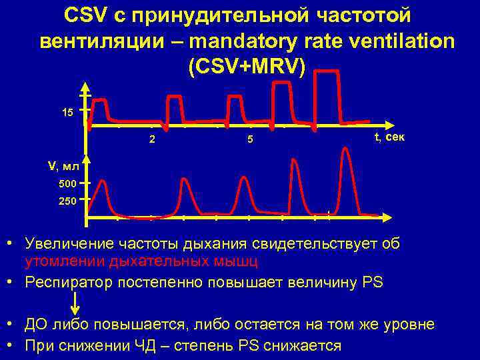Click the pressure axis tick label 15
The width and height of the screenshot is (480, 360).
click(67, 111)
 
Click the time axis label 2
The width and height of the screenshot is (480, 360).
click(153, 140)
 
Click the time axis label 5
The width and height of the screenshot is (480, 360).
click(249, 140)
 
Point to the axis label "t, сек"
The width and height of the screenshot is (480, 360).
click(389, 137)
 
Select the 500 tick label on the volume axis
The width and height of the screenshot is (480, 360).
click(68, 183)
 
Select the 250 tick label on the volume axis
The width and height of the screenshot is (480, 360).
click(68, 199)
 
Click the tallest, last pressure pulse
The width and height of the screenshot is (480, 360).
click(327, 93)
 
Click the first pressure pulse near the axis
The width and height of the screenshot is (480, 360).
click(99, 110)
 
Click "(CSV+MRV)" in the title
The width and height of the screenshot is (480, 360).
click(247, 67)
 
